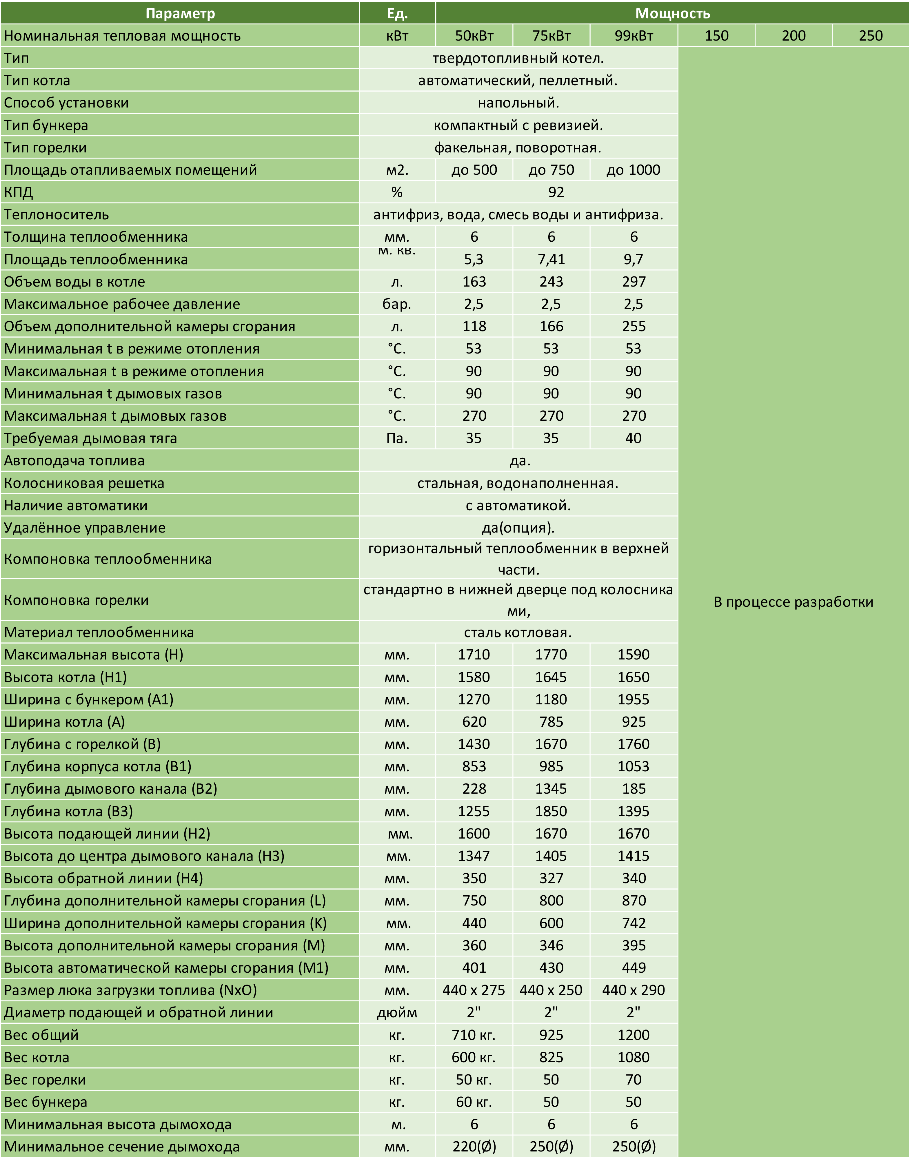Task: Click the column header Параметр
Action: [x=180, y=13]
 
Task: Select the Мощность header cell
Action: [x=672, y=13]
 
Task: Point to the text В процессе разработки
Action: [x=793, y=602]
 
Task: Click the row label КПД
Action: [x=19, y=192]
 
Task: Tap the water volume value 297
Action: [x=634, y=282]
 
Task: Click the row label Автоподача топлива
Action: [x=74, y=461]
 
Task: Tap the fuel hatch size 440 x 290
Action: [x=634, y=990]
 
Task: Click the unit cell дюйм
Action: [x=397, y=1012]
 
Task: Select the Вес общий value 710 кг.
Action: [x=474, y=1035]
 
